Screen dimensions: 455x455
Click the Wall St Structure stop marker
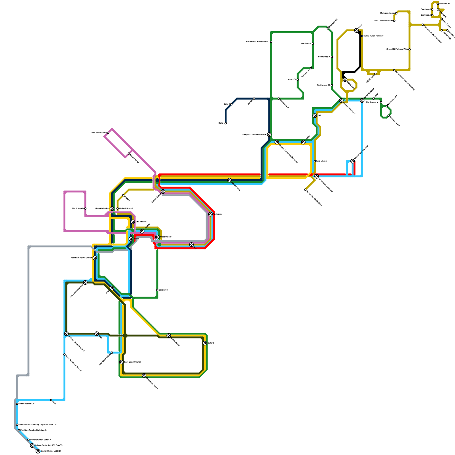point(108,133)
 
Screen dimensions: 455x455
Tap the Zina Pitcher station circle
point(133,222)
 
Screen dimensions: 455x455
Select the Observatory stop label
point(166,237)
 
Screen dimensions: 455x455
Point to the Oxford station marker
point(205,343)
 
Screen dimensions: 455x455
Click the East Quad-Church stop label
point(133,362)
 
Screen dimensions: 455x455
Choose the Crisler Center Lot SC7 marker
point(38,451)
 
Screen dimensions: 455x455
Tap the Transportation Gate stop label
point(41,440)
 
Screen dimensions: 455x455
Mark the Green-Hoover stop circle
point(17,404)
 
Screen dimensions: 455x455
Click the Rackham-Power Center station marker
point(95,258)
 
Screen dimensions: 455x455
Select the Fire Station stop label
point(306,44)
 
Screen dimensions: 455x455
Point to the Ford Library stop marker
point(315,161)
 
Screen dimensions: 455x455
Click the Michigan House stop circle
point(396,13)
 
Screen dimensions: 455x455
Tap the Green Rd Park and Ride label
point(397,49)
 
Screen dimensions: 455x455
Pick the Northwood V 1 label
point(373,102)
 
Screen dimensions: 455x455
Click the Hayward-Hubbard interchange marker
point(341,100)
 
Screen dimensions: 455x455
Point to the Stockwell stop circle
point(157,290)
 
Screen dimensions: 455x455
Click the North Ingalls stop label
point(78,208)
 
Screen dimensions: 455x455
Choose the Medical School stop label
point(126,208)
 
